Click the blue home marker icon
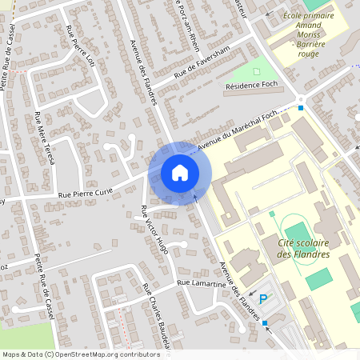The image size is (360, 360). (x=180, y=173)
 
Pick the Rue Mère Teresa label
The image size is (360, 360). (x=45, y=138)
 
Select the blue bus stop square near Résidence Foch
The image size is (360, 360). (x=301, y=107)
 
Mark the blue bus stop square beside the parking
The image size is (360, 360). (x=265, y=323)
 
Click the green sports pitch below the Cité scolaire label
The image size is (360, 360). (x=318, y=279)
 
